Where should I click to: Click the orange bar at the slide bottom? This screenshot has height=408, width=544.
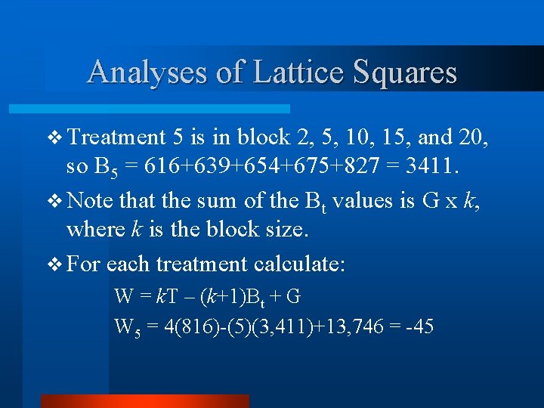[x=144, y=400]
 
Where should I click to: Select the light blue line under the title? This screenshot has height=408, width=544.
[x=167, y=109]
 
